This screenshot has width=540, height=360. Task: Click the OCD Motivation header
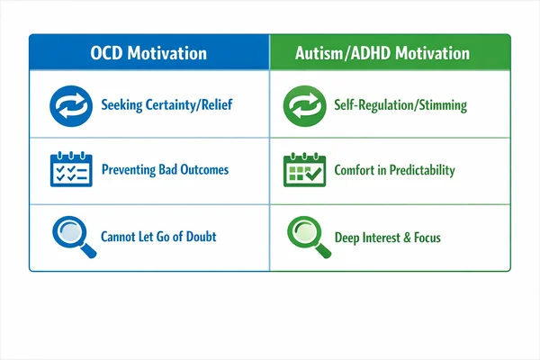[148, 53]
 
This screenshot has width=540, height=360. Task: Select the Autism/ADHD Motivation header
[382, 53]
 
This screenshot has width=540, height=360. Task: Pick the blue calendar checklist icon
[69, 170]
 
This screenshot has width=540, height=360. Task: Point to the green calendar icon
[303, 170]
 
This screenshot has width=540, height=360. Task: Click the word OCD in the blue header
[110, 53]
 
